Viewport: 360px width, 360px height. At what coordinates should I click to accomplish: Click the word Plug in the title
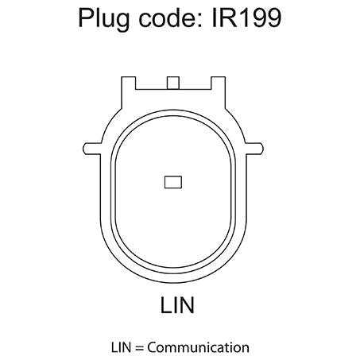tap(104, 19)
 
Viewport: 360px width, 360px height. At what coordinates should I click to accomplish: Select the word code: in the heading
tap(171, 17)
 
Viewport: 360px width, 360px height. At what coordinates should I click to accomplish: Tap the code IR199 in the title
tap(246, 18)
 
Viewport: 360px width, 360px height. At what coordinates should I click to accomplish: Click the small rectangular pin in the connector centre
tap(173, 182)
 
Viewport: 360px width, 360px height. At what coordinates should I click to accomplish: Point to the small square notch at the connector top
tap(173, 83)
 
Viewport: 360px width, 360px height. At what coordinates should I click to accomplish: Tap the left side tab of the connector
tap(92, 149)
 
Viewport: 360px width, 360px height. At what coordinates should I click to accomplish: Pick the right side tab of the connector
tap(254, 149)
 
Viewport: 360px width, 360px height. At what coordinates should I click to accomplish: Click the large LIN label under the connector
tap(177, 305)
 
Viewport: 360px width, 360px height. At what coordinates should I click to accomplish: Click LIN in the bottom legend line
tap(121, 347)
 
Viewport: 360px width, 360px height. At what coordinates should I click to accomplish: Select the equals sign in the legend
tap(139, 348)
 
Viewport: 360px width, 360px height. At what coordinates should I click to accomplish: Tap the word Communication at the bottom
tap(198, 347)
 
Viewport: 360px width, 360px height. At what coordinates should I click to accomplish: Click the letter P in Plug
tap(87, 17)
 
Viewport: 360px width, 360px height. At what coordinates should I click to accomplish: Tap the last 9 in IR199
tap(273, 18)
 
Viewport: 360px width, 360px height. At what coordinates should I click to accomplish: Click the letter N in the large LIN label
tap(186, 305)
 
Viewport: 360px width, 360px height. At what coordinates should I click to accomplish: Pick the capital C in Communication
tap(152, 347)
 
